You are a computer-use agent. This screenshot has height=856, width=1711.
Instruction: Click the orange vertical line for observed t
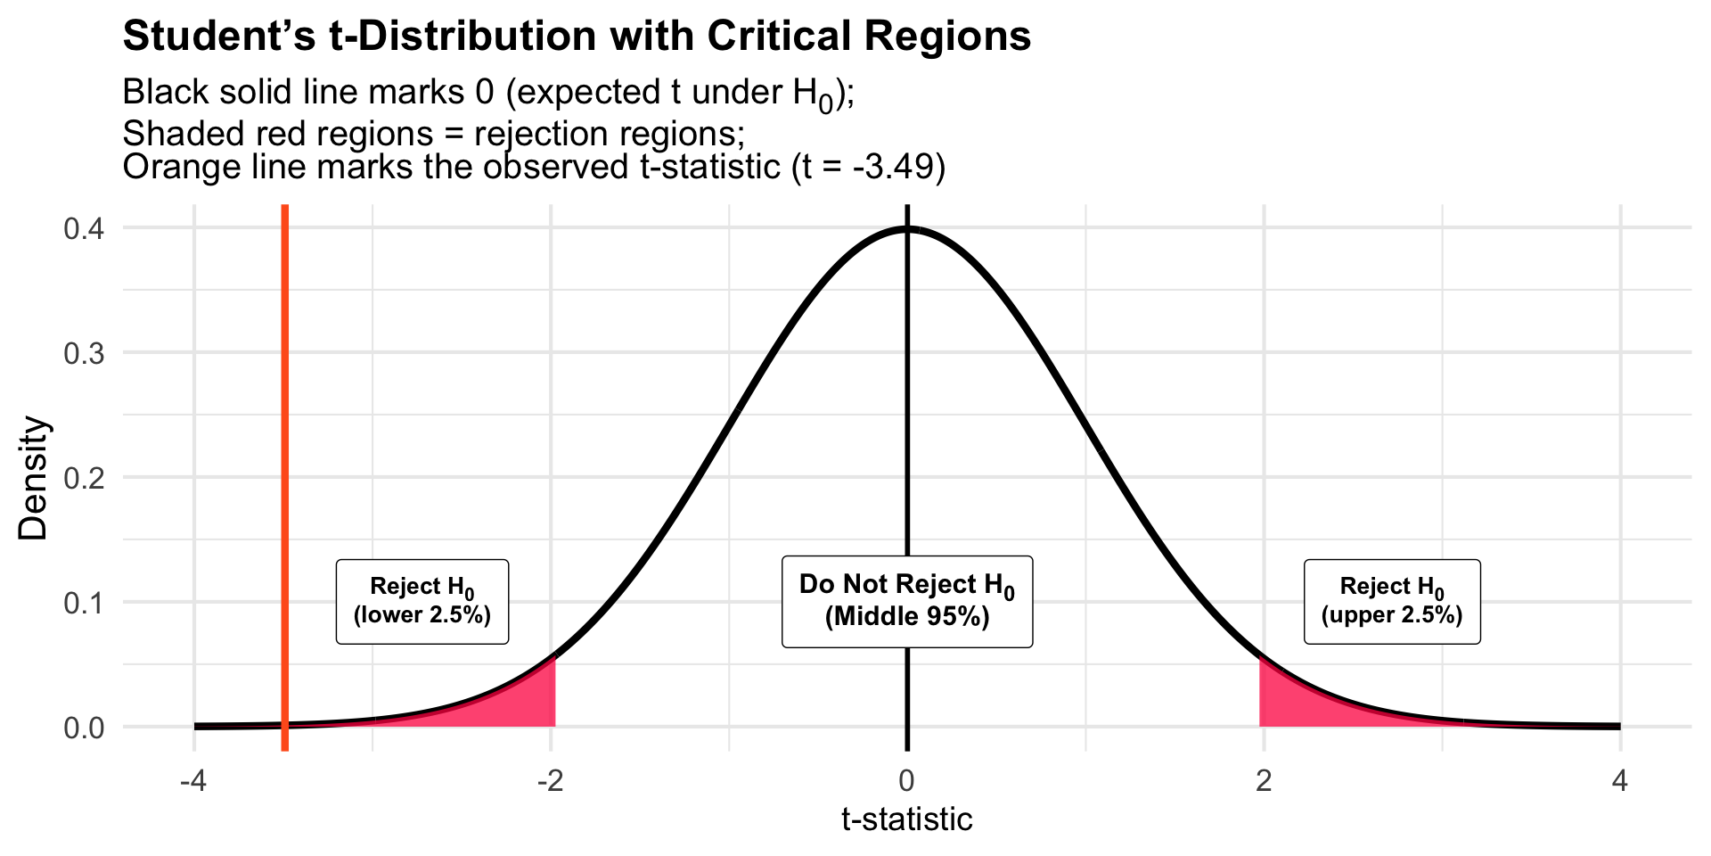pyautogui.click(x=284, y=401)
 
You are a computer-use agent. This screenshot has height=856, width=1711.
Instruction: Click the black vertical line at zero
pyautogui.click(x=907, y=401)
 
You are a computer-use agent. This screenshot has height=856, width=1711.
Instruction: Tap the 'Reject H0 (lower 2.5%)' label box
pyautogui.click(x=422, y=602)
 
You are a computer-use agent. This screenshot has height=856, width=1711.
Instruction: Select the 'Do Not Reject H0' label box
pyautogui.click(x=907, y=602)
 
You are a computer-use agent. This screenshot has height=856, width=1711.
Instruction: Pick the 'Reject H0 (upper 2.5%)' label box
pyautogui.click(x=1392, y=602)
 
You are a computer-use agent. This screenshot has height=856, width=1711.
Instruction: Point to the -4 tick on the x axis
pyautogui.click(x=193, y=782)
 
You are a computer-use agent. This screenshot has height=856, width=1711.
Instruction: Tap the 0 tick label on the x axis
pyautogui.click(x=907, y=782)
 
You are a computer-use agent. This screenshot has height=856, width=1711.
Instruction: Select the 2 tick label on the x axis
pyautogui.click(x=1264, y=782)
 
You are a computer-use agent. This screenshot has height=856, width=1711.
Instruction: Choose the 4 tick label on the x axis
pyautogui.click(x=1620, y=782)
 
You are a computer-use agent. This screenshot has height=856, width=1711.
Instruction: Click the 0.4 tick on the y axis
pyautogui.click(x=84, y=228)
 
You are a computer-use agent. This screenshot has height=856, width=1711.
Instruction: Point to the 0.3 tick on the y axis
pyautogui.click(x=84, y=353)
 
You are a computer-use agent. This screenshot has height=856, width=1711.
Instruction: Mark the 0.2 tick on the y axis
pyautogui.click(x=84, y=478)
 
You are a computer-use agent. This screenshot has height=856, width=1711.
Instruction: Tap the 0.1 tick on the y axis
pyautogui.click(x=84, y=603)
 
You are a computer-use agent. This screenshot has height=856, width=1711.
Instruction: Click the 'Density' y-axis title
pyautogui.click(x=34, y=478)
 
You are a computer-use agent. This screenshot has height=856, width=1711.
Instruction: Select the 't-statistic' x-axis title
pyautogui.click(x=907, y=819)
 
